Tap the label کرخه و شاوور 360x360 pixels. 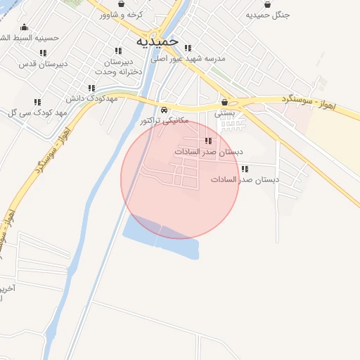point(121,15)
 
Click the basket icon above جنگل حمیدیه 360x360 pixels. point(267,4)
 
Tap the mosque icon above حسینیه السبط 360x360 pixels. point(24,27)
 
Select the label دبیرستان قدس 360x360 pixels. point(43,64)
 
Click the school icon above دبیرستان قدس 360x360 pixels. point(43,53)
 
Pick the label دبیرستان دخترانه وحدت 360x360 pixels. point(117,66)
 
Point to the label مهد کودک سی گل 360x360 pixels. point(37,113)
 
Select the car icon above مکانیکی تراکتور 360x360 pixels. point(163,110)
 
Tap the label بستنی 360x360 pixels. point(225,112)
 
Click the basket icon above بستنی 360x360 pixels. point(225,102)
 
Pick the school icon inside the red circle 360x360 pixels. point(207,141)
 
